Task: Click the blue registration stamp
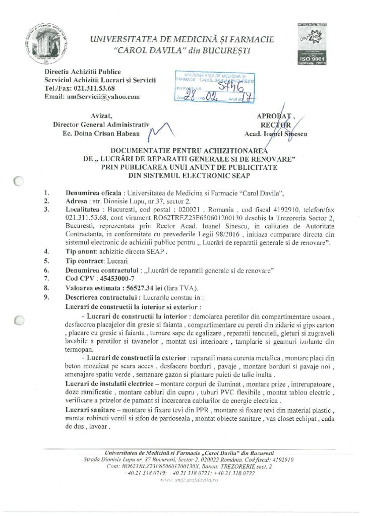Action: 214,89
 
